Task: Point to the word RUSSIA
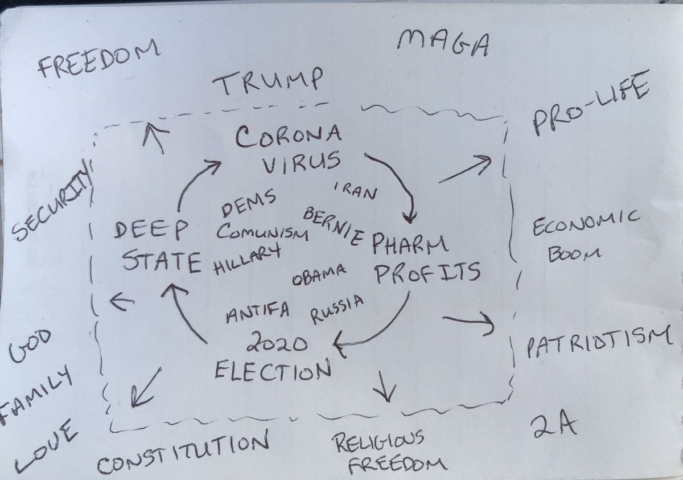336,307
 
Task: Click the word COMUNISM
262,233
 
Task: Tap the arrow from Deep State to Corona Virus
196,182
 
